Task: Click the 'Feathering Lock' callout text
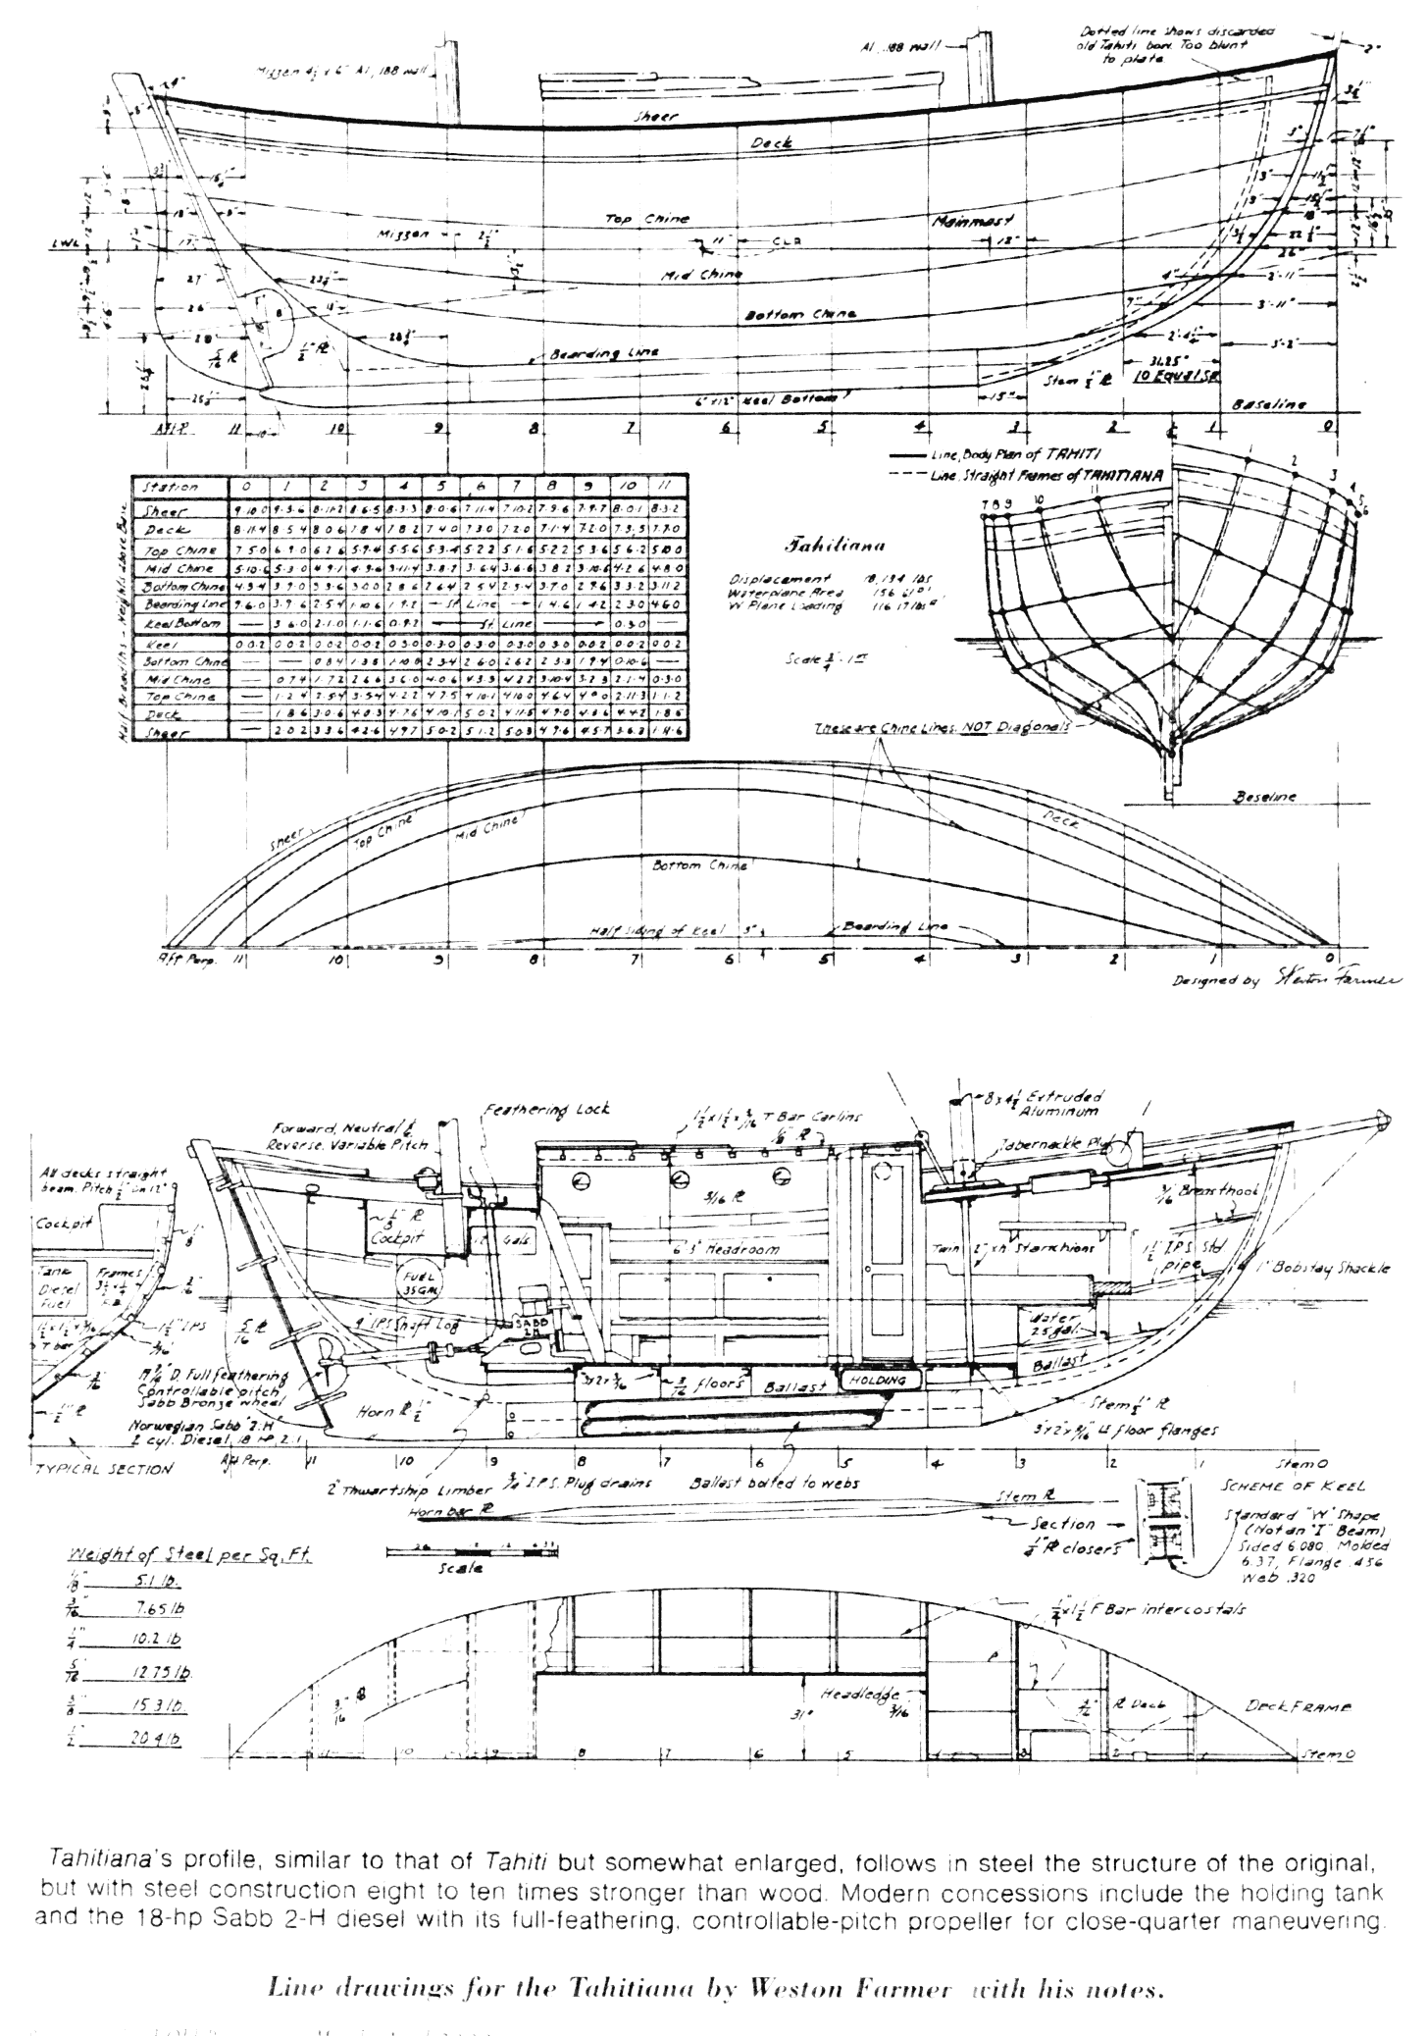(545, 1110)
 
